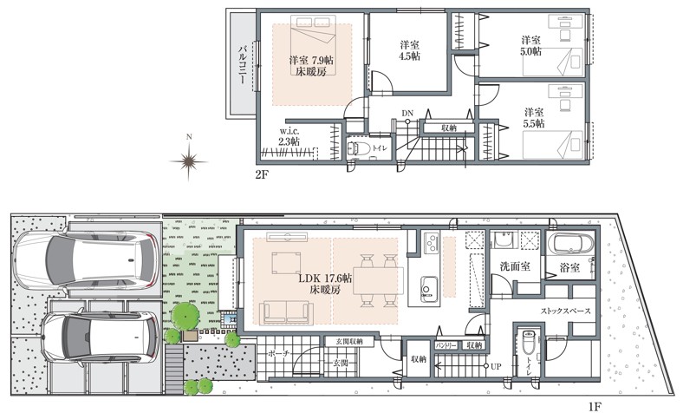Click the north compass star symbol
(189, 160)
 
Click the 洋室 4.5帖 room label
(410, 50)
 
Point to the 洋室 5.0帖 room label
(531, 46)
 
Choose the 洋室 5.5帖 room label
(533, 118)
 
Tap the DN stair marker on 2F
(407, 113)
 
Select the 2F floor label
(262, 174)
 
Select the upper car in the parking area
(87, 258)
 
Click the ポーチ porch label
(277, 354)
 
